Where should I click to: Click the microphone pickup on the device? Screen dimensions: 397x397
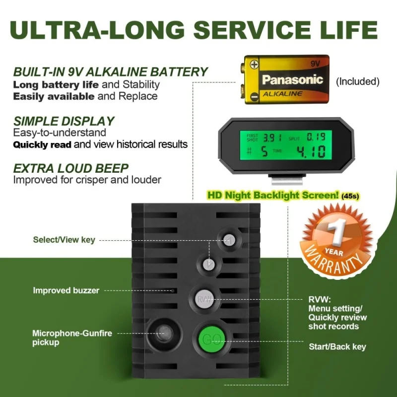(x=163, y=332)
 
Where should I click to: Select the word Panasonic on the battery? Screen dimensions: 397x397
(x=292, y=79)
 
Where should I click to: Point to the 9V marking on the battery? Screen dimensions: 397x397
(x=315, y=64)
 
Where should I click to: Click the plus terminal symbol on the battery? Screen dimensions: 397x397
(x=254, y=64)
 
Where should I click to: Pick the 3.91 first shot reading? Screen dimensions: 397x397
(x=272, y=137)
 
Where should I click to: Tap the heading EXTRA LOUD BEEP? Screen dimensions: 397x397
(x=71, y=168)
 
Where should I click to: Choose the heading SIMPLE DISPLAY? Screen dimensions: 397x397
(x=64, y=121)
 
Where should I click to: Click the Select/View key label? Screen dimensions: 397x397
(x=64, y=240)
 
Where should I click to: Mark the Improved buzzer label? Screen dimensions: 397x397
(x=66, y=290)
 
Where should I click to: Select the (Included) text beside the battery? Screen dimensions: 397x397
(x=357, y=81)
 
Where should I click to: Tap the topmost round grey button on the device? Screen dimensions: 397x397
(x=229, y=239)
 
